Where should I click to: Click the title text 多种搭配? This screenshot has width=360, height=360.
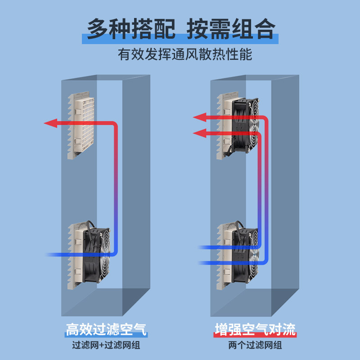pos(131,29)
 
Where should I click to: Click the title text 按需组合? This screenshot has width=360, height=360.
pos(231,29)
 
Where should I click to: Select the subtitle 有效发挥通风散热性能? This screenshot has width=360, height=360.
pos(185,54)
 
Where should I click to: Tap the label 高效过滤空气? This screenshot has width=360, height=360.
pos(106,329)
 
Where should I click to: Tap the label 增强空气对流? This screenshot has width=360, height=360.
pos(255,329)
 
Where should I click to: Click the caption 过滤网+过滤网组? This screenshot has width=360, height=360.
pos(106,345)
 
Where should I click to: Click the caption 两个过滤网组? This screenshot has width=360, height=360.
pos(255,345)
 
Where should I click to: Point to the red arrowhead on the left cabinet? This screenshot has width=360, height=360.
pos(50,123)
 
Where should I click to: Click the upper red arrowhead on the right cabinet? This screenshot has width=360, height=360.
pos(200,117)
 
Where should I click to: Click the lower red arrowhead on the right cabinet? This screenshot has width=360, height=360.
pos(200,133)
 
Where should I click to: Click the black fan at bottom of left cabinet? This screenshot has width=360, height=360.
pos(96,255)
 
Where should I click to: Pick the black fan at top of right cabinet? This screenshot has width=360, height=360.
pos(245,125)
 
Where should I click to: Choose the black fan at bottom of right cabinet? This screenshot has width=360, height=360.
pos(245,255)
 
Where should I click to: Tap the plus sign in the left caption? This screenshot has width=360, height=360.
pos(101,345)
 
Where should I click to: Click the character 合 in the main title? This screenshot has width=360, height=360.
pos(265,29)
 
